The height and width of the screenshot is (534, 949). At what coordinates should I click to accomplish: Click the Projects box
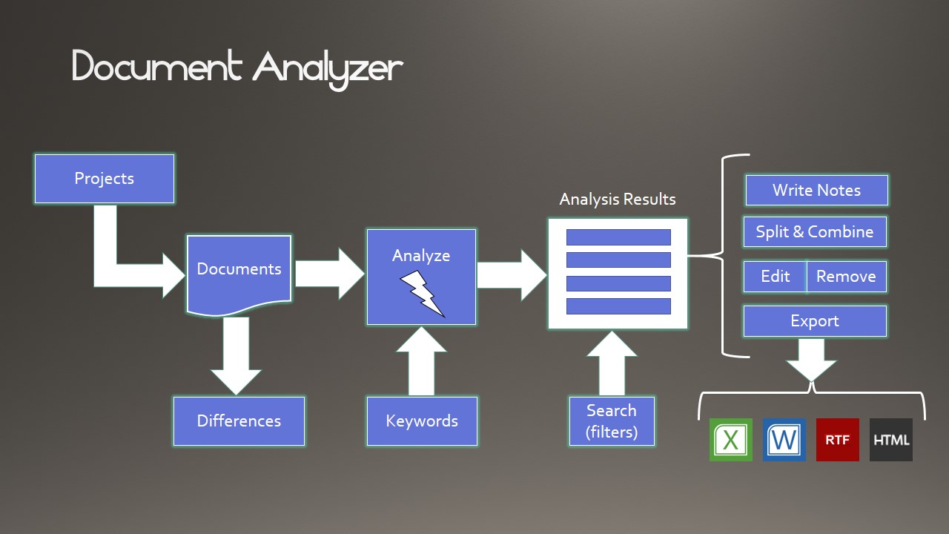click(x=105, y=179)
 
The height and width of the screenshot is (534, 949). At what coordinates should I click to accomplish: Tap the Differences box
click(x=239, y=421)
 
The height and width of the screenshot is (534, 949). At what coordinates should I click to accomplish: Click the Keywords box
click(x=422, y=421)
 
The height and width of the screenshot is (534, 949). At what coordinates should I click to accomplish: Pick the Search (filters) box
click(x=612, y=421)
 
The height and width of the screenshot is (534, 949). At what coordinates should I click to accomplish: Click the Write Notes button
click(x=817, y=191)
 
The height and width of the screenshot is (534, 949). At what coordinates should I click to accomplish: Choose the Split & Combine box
click(x=815, y=232)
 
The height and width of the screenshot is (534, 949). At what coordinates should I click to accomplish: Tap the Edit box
click(x=775, y=277)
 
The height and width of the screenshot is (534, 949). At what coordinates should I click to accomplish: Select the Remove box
click(x=847, y=277)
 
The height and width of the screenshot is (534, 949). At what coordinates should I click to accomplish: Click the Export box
click(x=815, y=321)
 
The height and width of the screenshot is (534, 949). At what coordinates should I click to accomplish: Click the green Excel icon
click(x=731, y=440)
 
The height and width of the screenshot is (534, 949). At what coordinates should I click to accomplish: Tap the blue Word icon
click(x=784, y=440)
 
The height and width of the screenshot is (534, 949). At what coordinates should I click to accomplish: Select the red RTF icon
click(x=838, y=440)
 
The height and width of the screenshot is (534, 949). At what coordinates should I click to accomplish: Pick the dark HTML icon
click(x=891, y=440)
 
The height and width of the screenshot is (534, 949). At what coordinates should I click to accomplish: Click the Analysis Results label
click(x=618, y=200)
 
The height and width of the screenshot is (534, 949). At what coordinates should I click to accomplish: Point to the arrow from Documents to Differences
click(x=236, y=356)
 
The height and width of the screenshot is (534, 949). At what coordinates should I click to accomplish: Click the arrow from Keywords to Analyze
click(x=421, y=361)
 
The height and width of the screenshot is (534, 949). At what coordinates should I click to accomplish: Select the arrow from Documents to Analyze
click(x=330, y=274)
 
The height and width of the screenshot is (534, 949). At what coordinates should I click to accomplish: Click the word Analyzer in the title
click(x=328, y=69)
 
